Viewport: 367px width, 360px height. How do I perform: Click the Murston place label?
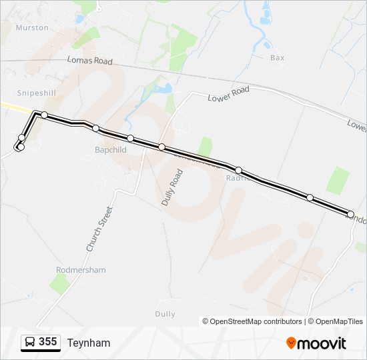32,27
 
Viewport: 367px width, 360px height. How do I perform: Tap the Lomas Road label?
89,61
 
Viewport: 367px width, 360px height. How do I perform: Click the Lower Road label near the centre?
228,93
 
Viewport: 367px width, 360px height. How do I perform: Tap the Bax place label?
277,58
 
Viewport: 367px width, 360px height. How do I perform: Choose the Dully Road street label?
172,187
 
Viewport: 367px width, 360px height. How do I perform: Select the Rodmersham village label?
81,270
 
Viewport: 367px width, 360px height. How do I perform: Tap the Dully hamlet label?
165,314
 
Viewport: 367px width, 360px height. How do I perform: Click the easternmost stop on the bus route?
351,214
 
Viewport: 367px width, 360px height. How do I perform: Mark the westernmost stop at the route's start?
21,147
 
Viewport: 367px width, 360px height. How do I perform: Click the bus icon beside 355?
30,343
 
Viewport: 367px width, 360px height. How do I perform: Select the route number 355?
47,342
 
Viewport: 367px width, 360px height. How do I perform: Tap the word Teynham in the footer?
88,343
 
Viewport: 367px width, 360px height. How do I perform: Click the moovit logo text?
322,343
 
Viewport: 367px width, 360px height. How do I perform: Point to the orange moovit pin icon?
291,343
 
